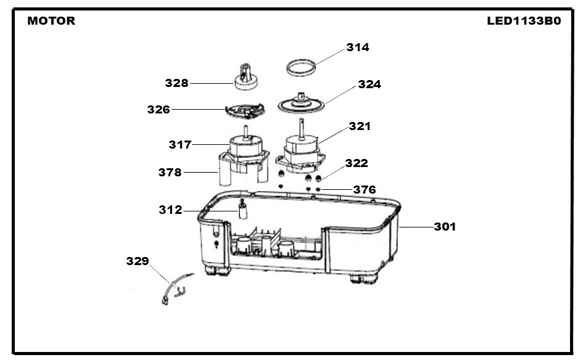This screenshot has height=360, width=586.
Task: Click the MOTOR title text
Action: [x=51, y=20]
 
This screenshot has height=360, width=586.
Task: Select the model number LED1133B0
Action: [x=524, y=20]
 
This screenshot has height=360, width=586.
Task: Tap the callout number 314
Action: [x=358, y=47]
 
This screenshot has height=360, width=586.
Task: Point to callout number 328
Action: [x=177, y=83]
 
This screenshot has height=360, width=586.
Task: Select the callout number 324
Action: [x=369, y=84]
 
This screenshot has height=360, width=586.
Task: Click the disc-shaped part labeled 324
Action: [x=301, y=103]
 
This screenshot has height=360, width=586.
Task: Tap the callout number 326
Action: [x=159, y=110]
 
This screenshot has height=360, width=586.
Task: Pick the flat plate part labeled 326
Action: [x=245, y=111]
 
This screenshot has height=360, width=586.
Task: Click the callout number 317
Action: [x=180, y=144]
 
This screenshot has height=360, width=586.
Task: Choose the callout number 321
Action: [x=360, y=126]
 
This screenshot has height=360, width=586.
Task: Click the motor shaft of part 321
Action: [x=302, y=129]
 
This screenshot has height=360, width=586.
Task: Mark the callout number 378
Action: [x=170, y=172]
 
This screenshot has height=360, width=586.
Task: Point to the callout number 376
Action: [x=365, y=190]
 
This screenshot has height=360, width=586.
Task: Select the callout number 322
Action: [x=357, y=163]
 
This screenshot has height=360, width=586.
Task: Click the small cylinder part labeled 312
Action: [x=243, y=210]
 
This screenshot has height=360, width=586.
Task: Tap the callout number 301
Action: [x=445, y=227]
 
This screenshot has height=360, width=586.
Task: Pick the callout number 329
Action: [x=138, y=261]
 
